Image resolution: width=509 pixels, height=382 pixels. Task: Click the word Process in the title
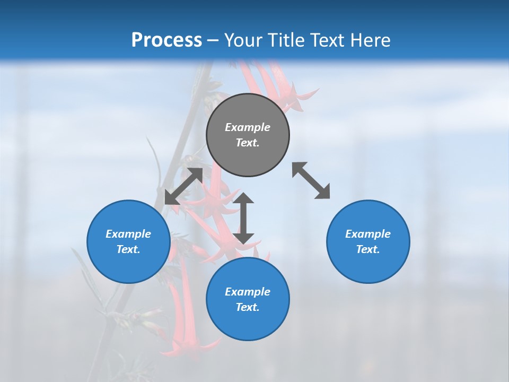(x=166, y=40)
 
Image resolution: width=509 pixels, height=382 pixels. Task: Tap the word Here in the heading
(x=370, y=40)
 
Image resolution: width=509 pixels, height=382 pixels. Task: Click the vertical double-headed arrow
(x=244, y=219)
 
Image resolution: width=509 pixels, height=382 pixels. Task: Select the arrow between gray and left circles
(x=183, y=186)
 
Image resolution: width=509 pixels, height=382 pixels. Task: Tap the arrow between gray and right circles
(x=311, y=180)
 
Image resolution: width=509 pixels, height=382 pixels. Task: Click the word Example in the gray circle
(x=248, y=127)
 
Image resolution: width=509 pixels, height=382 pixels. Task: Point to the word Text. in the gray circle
(x=248, y=143)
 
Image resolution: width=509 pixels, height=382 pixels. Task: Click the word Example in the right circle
(x=368, y=234)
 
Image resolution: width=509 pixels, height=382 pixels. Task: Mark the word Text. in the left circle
(x=128, y=249)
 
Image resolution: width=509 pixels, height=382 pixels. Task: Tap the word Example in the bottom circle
(x=248, y=292)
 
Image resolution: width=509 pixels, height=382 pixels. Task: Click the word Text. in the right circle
(x=368, y=249)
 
